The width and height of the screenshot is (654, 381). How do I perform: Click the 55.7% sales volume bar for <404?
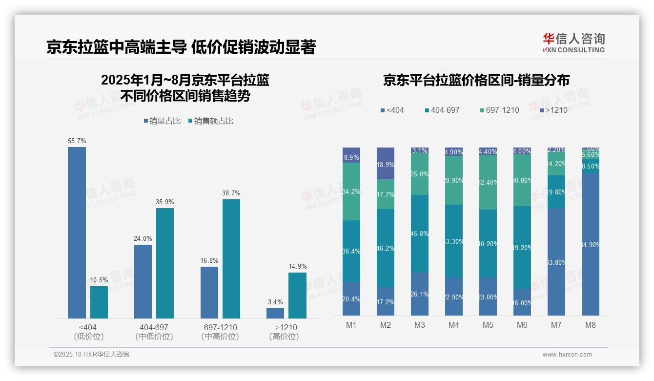(77, 233)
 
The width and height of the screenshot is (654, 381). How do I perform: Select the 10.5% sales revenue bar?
(99, 302)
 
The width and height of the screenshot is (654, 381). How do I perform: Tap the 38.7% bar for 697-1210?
(231, 259)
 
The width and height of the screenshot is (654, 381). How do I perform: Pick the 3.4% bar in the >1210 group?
(275, 313)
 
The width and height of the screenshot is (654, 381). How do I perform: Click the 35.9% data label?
(165, 202)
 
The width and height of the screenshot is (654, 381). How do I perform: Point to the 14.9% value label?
(297, 266)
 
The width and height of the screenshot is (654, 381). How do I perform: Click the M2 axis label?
(386, 325)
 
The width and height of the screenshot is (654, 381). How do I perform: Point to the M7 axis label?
(556, 325)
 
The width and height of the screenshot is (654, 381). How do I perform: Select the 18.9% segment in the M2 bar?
(386, 163)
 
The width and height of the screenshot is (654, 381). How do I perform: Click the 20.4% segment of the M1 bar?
(351, 299)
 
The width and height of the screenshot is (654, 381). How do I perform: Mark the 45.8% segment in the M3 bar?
(420, 233)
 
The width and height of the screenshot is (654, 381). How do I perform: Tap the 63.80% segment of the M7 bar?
(556, 262)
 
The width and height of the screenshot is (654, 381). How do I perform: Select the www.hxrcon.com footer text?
(567, 355)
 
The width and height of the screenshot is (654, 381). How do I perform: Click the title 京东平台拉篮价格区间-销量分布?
(476, 81)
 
